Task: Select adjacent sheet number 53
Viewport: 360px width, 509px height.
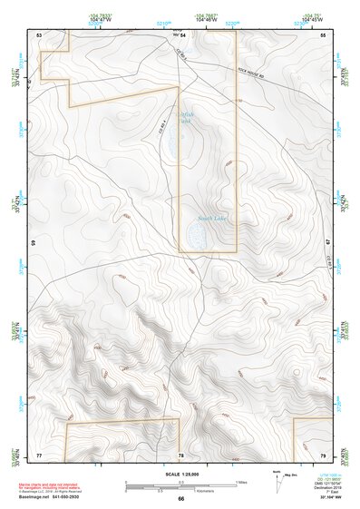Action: tap(39, 34)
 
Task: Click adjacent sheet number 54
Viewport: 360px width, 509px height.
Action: tap(181, 34)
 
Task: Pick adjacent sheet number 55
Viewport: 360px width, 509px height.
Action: tap(322, 34)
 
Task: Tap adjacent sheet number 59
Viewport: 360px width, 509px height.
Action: tap(34, 243)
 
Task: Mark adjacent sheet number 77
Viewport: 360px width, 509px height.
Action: tap(39, 454)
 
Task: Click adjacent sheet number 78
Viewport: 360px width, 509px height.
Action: tap(181, 454)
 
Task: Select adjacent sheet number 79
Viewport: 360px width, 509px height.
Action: tap(323, 454)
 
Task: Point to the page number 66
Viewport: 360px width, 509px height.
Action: tap(180, 498)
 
